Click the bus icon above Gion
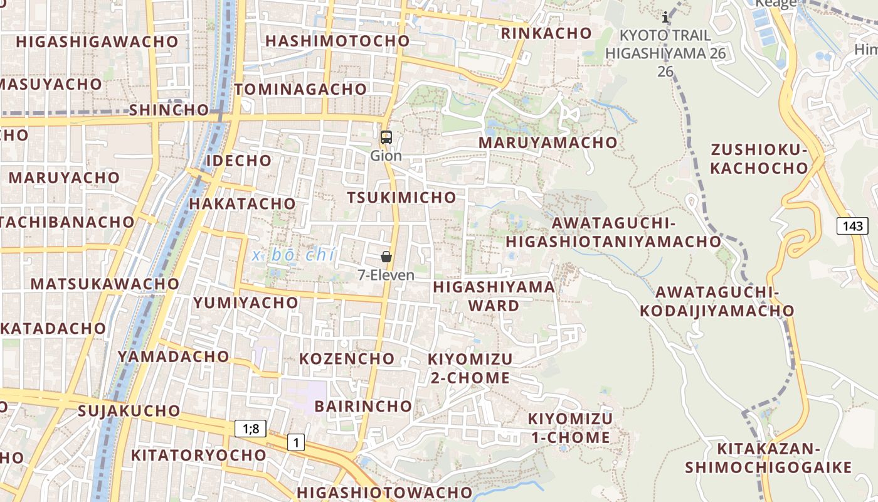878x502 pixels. tap(386, 137)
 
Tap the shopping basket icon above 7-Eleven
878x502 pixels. tap(386, 257)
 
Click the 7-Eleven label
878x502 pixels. tap(386, 275)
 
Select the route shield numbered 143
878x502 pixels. tap(852, 226)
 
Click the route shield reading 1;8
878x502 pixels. tap(251, 429)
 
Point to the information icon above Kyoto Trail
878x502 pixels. tap(665, 18)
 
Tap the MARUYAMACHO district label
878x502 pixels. tap(548, 142)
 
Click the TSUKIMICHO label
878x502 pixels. tap(402, 198)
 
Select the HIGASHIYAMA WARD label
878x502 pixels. tap(494, 296)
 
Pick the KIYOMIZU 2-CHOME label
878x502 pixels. tap(470, 368)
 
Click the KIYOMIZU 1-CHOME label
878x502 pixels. tap(570, 428)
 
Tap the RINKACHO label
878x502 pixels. tap(546, 33)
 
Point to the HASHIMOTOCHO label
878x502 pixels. tap(337, 41)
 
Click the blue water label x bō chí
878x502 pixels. tap(294, 255)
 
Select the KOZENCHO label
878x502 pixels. tap(347, 359)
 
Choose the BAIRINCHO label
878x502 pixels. tap(363, 406)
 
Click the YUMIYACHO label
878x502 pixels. tap(246, 302)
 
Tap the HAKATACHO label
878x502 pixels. tap(242, 204)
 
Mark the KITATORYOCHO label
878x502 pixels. tap(198, 455)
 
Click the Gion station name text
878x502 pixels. tap(386, 155)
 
